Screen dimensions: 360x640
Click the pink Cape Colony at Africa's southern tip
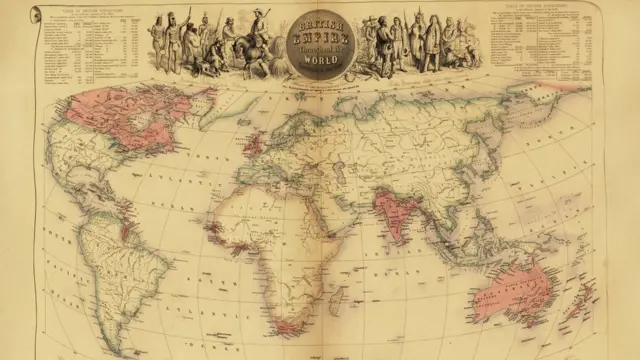288,326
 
